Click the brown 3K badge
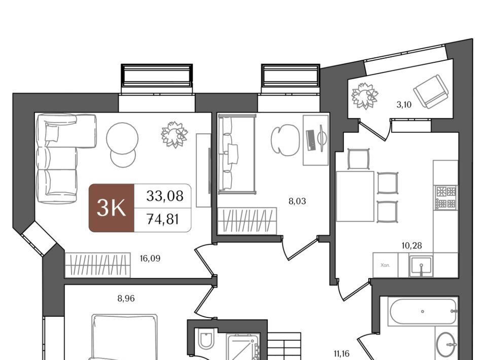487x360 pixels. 112,208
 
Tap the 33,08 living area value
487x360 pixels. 164,196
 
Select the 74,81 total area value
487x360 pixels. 163,220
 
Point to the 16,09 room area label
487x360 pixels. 150,259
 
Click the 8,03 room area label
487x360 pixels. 297,201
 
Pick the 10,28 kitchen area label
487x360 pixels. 412,246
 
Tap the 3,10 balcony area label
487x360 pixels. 404,105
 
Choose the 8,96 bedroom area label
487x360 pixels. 126,299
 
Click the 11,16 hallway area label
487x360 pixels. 341,353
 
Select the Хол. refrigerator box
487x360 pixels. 386,265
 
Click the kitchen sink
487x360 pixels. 421,266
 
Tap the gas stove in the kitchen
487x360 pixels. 446,197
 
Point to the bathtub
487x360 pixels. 423,311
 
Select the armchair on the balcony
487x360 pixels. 431,92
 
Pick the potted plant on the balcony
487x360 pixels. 365,96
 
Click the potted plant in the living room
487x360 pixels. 175,134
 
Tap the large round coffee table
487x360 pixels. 122,138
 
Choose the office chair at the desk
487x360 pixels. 285,140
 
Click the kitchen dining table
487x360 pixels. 355,196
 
